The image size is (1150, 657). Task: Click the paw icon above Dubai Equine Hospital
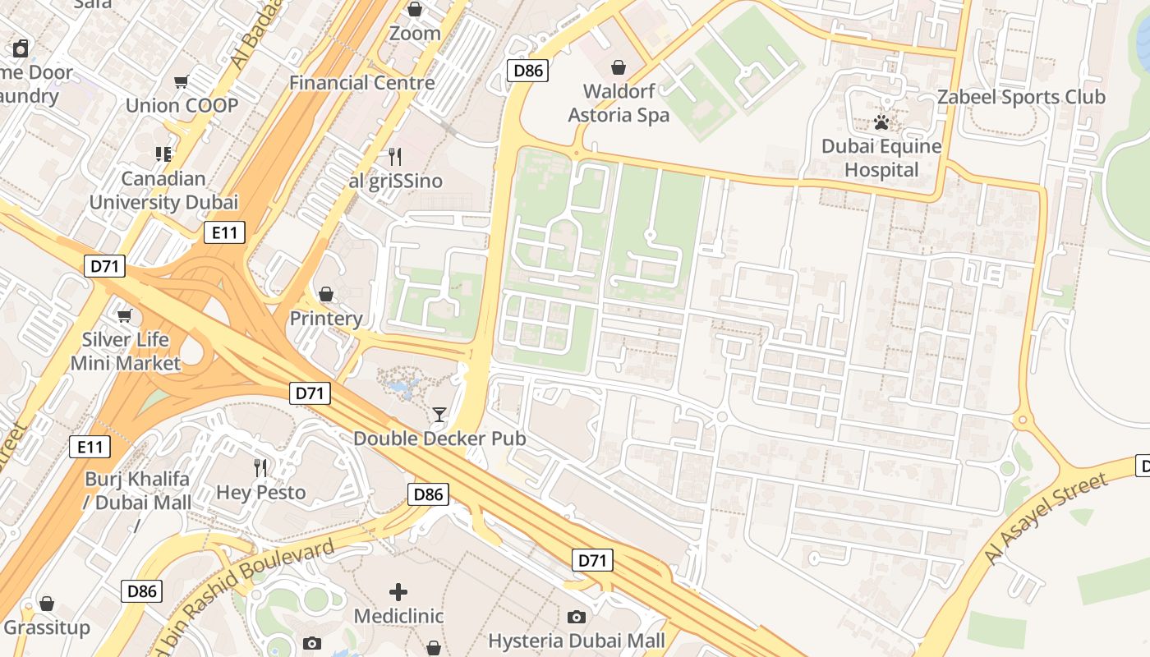tap(881, 123)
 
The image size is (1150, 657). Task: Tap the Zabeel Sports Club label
tap(1021, 97)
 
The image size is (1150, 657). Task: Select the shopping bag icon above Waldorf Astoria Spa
tap(619, 67)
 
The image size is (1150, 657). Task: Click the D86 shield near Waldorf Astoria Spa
tap(527, 71)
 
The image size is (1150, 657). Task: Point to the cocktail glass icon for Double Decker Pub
tap(439, 415)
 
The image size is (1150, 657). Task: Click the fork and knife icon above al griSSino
tap(395, 157)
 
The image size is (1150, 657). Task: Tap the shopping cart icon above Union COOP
tap(182, 81)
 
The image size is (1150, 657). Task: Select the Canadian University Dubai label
tap(163, 190)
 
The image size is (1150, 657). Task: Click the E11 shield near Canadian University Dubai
tap(224, 233)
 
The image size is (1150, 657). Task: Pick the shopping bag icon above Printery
tap(326, 294)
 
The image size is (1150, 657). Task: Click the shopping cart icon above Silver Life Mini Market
tap(125, 315)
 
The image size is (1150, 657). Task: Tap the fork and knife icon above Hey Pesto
tap(260, 468)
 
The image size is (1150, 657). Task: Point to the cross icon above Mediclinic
tap(398, 591)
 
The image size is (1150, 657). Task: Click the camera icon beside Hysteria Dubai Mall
tap(577, 617)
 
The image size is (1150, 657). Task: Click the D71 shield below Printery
tap(310, 393)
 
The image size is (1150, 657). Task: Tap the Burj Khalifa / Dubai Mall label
tap(138, 490)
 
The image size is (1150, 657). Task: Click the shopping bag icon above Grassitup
tap(47, 604)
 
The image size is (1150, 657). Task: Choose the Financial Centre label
tap(361, 83)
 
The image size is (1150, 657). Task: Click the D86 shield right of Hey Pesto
tap(428, 494)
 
